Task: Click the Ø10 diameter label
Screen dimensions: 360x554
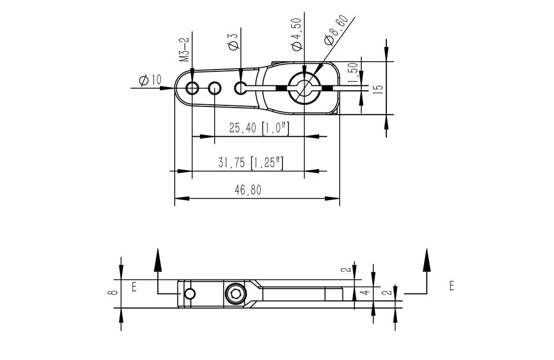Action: click(150, 80)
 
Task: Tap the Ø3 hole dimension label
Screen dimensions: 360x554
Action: click(233, 42)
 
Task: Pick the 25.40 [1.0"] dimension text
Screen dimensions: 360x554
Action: click(259, 129)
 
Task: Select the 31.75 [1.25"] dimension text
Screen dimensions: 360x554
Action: click(252, 163)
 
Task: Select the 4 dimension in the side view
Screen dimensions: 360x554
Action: click(365, 294)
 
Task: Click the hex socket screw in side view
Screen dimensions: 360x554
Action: click(236, 294)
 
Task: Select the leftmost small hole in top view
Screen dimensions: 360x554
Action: click(192, 88)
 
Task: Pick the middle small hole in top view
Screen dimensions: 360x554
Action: click(215, 88)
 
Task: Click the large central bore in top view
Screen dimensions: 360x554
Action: click(304, 88)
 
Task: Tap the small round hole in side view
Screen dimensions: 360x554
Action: click(189, 294)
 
